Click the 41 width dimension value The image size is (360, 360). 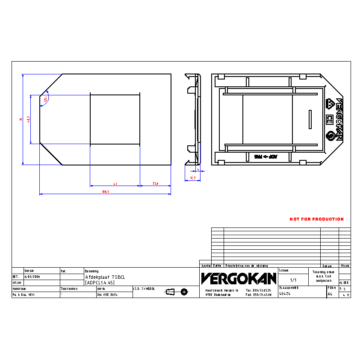115,184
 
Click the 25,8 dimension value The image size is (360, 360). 156,184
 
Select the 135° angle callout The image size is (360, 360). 45,99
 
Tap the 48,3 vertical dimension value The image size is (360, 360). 28,119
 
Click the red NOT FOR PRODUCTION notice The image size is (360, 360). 316,219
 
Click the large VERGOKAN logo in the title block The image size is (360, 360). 239,279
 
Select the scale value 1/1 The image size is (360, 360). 293,280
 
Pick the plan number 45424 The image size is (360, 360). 285,294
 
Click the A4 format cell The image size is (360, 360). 330,294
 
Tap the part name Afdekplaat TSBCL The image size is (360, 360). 105,277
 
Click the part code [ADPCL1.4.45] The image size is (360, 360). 100,283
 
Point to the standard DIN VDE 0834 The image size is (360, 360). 107,295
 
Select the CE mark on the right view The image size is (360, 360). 329,119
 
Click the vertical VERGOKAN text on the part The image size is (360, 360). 339,119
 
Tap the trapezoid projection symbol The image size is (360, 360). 170,292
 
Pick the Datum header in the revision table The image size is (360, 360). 327,266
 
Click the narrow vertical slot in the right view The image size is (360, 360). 310,119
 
